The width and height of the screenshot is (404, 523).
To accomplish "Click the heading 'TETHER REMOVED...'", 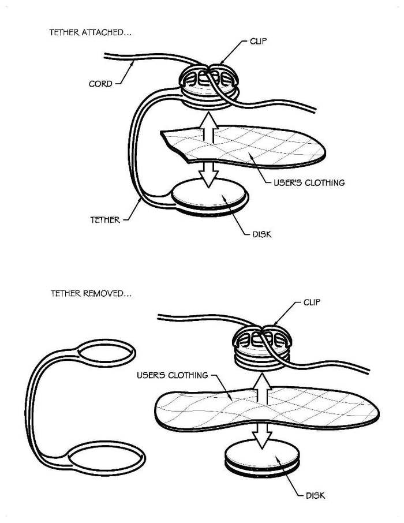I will tap(91, 293).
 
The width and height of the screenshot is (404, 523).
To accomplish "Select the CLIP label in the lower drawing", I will tap(311, 302).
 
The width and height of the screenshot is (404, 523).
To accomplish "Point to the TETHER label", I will tap(105, 219).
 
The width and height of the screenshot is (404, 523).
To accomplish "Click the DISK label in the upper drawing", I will tap(261, 234).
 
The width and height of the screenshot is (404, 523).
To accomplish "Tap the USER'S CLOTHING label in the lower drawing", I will tap(172, 375).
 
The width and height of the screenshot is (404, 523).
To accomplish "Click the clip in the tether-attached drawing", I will tap(211, 84).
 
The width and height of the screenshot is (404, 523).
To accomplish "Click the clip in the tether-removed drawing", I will tap(263, 345).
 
